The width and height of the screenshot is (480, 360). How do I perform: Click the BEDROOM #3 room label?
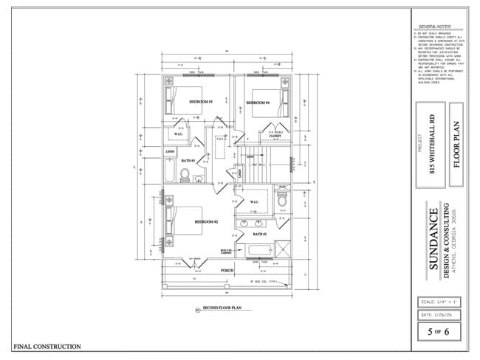tap(201, 102)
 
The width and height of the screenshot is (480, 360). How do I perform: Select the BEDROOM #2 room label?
tap(206, 221)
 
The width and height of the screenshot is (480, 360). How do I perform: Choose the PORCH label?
tap(227, 271)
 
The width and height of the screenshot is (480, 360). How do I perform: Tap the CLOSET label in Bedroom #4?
tap(274, 136)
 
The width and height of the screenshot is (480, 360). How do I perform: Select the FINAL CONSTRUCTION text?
tap(47, 346)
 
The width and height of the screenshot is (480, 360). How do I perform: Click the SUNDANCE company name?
tap(433, 236)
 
